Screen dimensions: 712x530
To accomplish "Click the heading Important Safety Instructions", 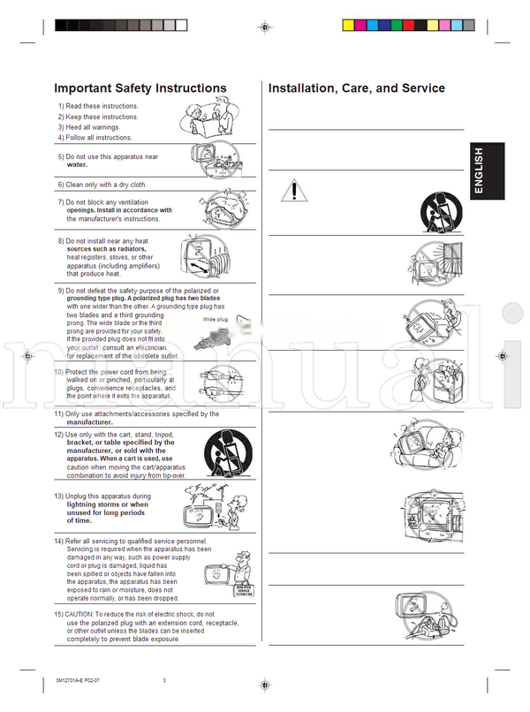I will [x=140, y=88].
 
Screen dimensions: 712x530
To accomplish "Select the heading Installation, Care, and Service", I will [x=356, y=88].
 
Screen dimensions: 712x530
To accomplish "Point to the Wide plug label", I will [x=216, y=319].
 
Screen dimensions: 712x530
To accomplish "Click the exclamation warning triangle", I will [x=292, y=189].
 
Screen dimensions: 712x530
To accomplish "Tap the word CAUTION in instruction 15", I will [x=93, y=614].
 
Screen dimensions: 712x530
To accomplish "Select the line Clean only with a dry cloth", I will [x=106, y=185].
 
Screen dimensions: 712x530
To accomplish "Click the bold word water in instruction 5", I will [x=78, y=165].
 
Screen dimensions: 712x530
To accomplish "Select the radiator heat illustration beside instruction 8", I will [x=205, y=256].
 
